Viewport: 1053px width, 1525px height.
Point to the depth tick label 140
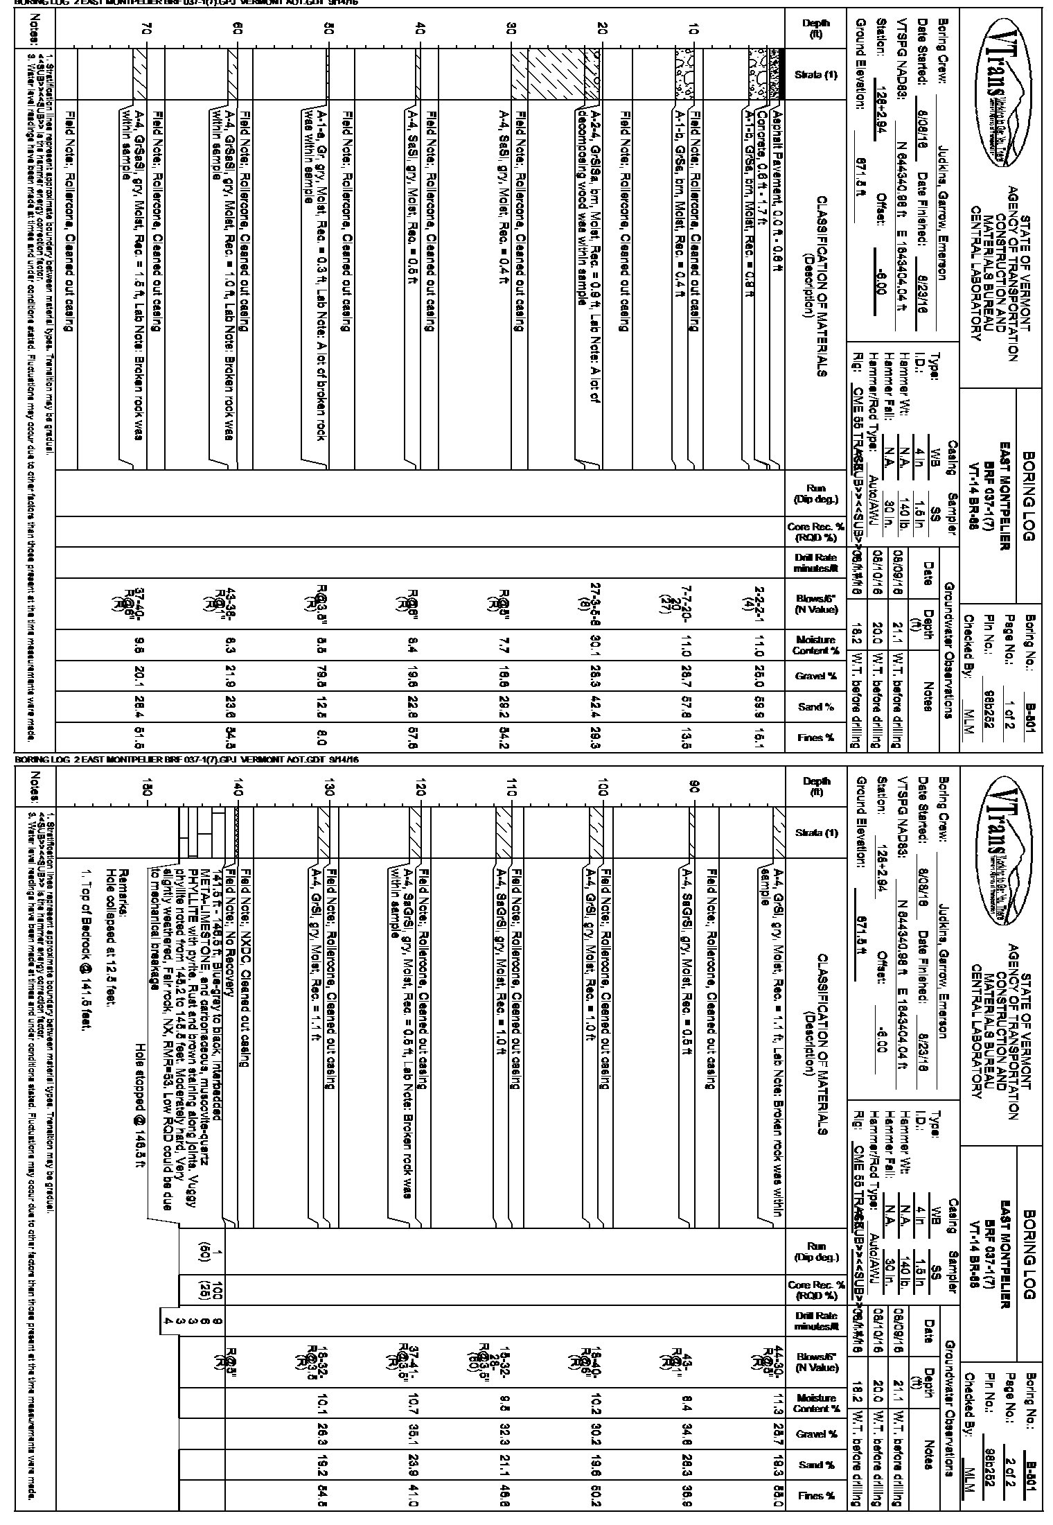(x=238, y=789)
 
